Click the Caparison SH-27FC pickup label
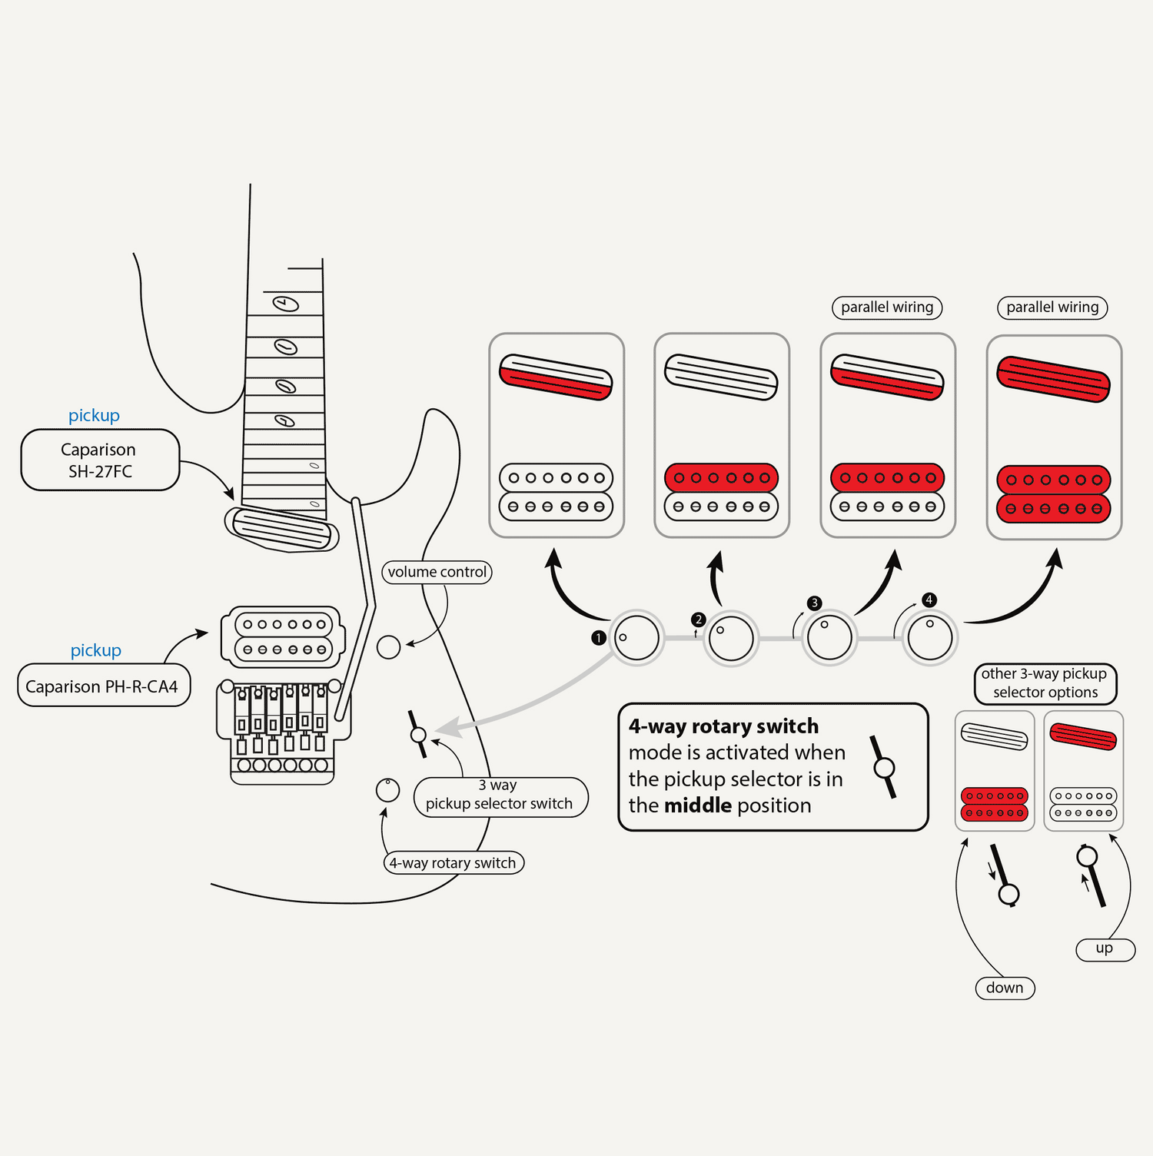[100, 460]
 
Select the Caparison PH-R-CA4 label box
[103, 686]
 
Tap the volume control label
[437, 572]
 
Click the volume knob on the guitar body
[389, 647]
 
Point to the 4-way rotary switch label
[454, 862]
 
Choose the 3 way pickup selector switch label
[500, 796]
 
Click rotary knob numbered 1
[637, 637]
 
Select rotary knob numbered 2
[731, 638]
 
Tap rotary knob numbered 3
[829, 637]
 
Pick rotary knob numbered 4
[929, 637]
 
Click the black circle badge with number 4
[929, 600]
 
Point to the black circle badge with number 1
[599, 638]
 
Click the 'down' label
[1005, 988]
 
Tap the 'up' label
[1105, 948]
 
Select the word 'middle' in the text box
[698, 806]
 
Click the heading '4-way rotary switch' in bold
[723, 726]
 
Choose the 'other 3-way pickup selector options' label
[1045, 683]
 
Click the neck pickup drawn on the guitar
[281, 528]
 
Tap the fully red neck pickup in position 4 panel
[1054, 379]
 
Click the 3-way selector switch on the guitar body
[418, 735]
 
